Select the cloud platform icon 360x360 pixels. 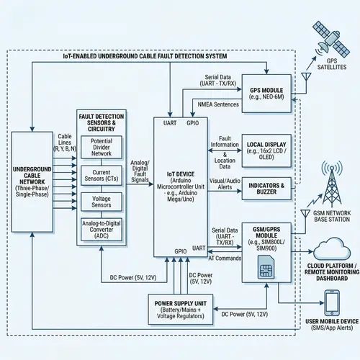click(332, 249)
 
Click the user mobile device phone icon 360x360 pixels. click(332, 302)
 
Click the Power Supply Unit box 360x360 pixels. click(181, 307)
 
